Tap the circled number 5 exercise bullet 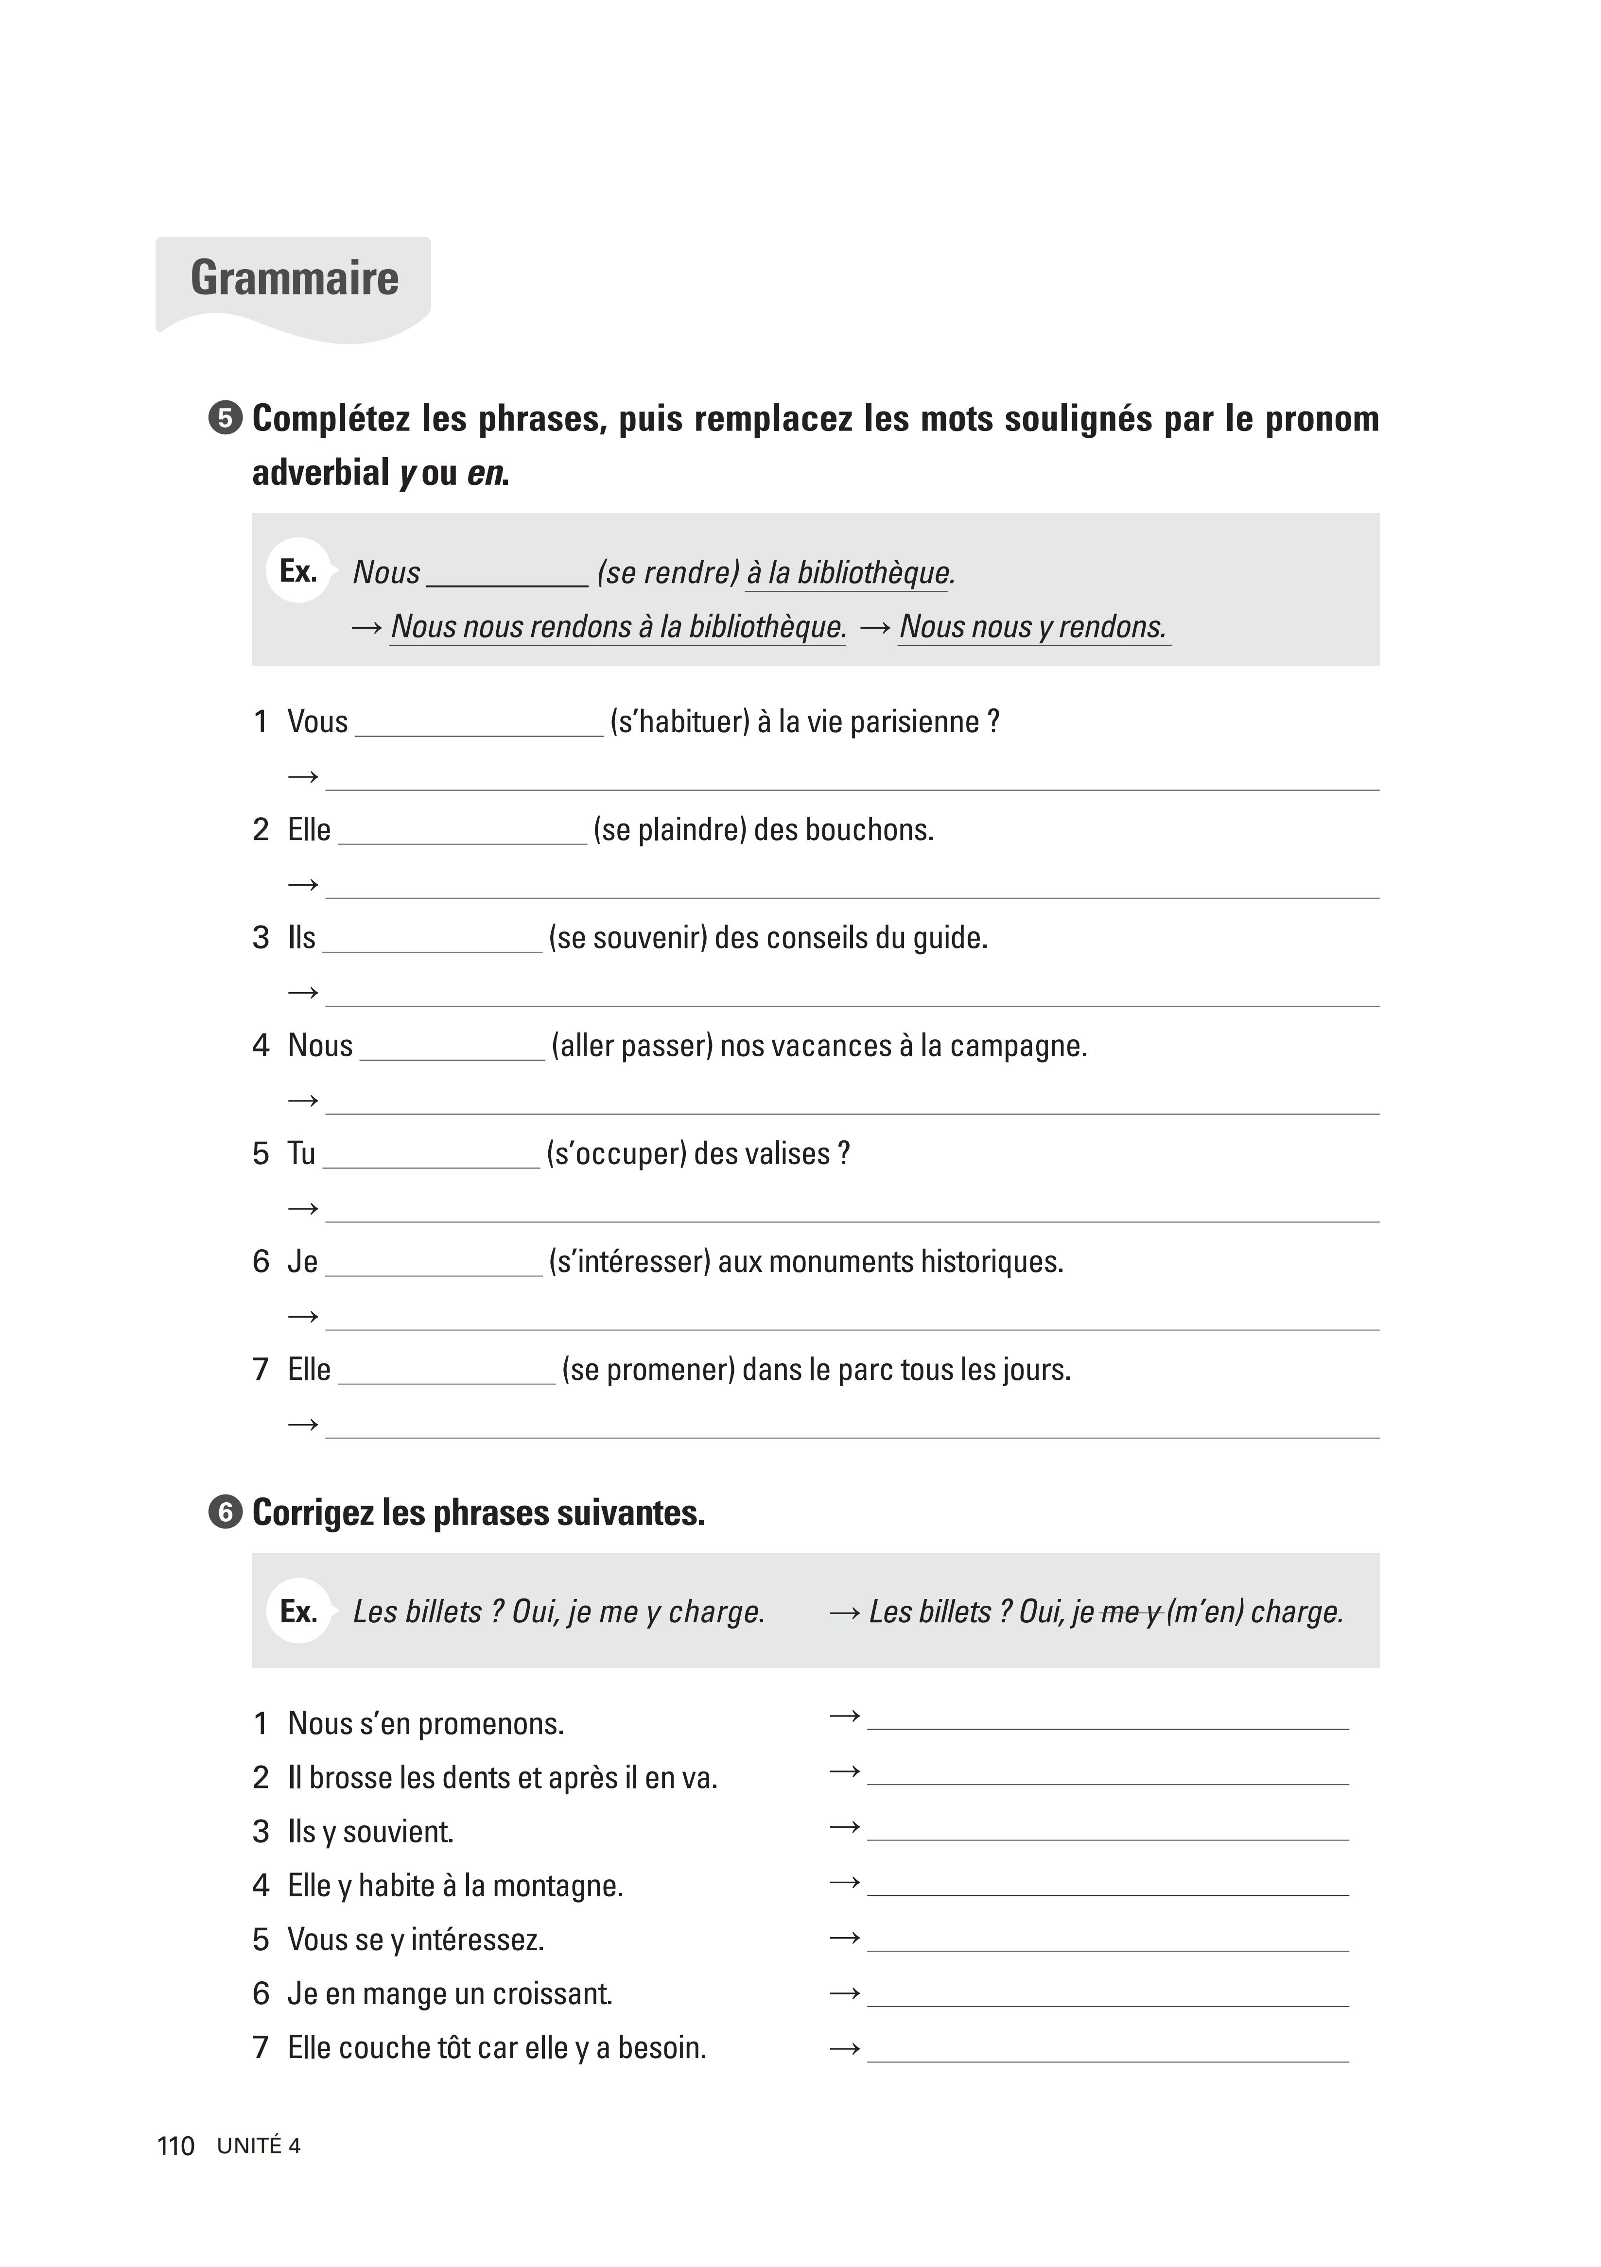[x=225, y=419]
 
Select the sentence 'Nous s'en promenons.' [x=426, y=1724]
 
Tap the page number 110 [x=176, y=2146]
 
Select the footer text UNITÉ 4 [x=259, y=2146]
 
